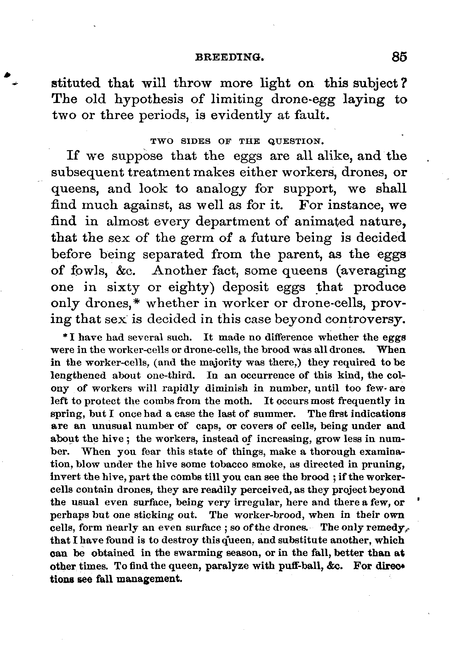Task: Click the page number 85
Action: click(399, 57)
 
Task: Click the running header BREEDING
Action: click(229, 58)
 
